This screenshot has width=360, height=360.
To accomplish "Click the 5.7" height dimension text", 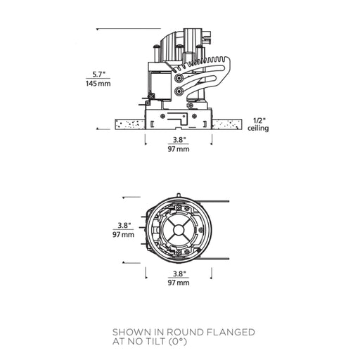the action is [98, 75].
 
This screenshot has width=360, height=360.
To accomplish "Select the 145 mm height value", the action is [98, 84].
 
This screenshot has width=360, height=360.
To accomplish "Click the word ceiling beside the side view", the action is [258, 128].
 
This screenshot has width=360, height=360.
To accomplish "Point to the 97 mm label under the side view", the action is [179, 149].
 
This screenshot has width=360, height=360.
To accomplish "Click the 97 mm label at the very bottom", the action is [179, 283].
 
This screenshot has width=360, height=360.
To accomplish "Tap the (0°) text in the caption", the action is [178, 342].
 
